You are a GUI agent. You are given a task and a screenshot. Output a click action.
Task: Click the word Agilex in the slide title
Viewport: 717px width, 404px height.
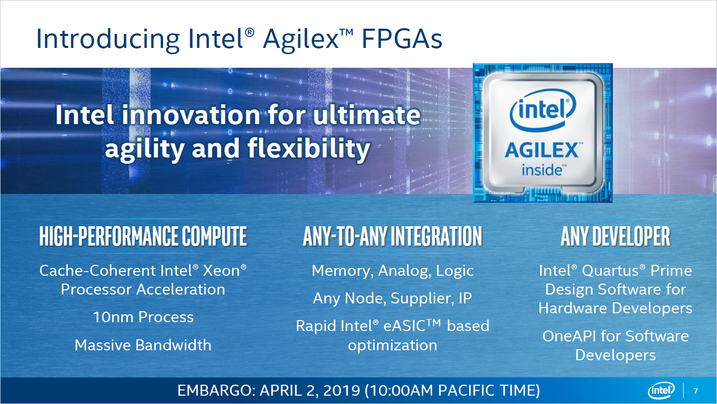tap(300, 40)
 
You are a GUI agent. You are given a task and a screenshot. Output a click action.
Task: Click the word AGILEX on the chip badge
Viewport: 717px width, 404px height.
tap(542, 151)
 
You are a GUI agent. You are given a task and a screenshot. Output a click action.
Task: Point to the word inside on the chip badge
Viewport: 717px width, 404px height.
tap(542, 170)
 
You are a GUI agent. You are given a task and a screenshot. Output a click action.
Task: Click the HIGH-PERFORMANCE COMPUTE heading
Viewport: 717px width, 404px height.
tap(143, 237)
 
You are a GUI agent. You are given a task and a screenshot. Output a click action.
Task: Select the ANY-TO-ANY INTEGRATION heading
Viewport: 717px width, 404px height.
tap(393, 237)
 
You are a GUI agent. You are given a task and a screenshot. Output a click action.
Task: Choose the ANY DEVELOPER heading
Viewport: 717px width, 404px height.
tap(615, 237)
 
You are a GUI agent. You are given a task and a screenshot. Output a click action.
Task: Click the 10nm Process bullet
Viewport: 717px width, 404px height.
tap(143, 317)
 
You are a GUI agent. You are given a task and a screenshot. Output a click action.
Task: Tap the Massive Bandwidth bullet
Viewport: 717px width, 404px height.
tap(143, 345)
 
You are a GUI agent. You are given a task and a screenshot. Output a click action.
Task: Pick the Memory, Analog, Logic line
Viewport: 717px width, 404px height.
tap(393, 271)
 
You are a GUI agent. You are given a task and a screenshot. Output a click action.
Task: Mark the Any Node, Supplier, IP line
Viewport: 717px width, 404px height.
tap(393, 299)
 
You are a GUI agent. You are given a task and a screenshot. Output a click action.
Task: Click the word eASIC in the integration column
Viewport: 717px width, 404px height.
tap(411, 326)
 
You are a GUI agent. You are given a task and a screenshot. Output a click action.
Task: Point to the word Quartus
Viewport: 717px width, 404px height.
tap(613, 271)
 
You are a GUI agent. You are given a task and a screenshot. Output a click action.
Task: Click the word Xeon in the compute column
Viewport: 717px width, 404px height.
tap(220, 271)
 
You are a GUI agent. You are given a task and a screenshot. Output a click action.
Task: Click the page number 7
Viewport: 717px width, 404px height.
tap(696, 391)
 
